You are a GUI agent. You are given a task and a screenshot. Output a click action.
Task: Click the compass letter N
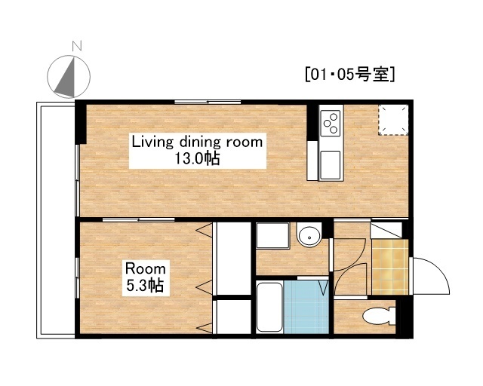point(77,46)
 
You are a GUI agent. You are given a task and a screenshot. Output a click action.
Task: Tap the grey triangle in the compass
point(67,79)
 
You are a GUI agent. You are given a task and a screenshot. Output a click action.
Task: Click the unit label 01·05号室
point(349,74)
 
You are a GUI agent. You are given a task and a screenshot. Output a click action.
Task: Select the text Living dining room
point(197,142)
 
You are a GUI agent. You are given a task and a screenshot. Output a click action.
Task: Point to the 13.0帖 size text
point(197,159)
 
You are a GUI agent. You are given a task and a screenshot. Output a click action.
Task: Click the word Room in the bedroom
point(146,268)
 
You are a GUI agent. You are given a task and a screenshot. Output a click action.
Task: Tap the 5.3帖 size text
point(145,285)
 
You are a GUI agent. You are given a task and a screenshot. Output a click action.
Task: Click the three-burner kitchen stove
point(331,123)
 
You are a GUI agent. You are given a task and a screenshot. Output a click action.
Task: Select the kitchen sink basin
point(331,165)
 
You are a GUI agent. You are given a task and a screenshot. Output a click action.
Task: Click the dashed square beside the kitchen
point(393,120)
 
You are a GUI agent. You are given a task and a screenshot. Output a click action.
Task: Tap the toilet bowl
point(379,316)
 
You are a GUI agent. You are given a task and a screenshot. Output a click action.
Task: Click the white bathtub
point(269,307)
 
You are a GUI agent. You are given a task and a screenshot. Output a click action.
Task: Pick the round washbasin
point(309,237)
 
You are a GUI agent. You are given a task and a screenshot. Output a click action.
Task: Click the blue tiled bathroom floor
point(306,307)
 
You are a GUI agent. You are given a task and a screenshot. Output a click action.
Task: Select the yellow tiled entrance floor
point(390,267)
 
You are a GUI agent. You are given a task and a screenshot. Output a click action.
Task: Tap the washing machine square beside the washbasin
point(272,235)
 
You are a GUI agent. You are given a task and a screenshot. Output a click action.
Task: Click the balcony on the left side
point(56,220)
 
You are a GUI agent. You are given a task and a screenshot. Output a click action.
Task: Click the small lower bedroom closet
point(234,317)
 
